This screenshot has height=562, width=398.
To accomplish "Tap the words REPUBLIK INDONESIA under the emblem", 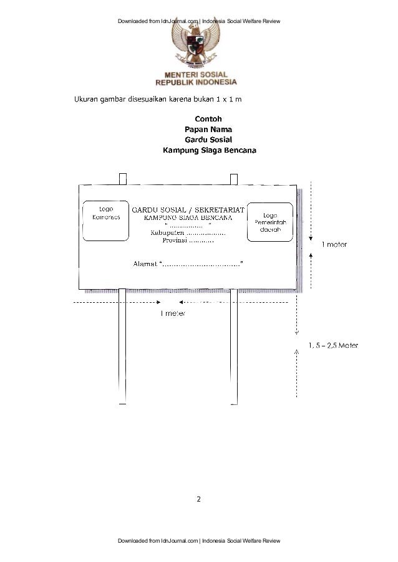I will [x=197, y=82].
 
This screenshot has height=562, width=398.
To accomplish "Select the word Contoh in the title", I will [x=208, y=119].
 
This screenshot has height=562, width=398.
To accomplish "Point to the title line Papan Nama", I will [x=208, y=130].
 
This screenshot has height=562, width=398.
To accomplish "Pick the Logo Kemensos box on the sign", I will [x=102, y=221].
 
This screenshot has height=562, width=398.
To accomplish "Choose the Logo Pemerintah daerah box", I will [x=269, y=221].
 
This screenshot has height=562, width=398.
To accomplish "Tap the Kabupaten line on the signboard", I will [x=188, y=232].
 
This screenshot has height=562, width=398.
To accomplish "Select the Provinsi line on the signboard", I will [x=188, y=240].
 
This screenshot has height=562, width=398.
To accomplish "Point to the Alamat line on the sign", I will [x=188, y=264].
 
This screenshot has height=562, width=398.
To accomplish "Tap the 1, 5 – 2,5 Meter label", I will [x=333, y=345].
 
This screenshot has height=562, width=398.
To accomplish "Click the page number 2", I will [x=198, y=499].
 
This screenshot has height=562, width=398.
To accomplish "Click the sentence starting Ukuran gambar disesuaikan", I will [x=162, y=99].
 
